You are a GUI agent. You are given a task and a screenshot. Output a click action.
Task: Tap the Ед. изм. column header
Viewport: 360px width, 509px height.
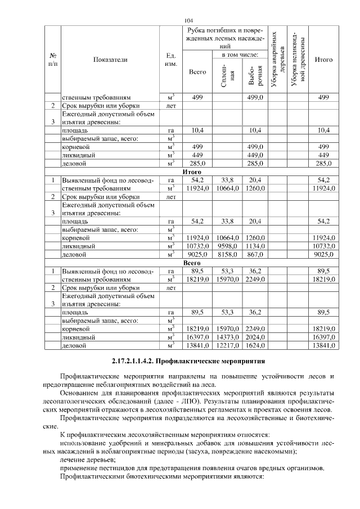[172, 60]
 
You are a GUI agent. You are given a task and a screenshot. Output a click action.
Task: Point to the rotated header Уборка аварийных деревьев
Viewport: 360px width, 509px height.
[278, 60]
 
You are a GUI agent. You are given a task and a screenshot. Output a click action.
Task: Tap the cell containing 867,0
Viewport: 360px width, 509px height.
[255, 254]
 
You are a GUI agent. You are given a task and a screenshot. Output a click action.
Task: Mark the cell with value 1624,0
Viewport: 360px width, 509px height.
[255, 345]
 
